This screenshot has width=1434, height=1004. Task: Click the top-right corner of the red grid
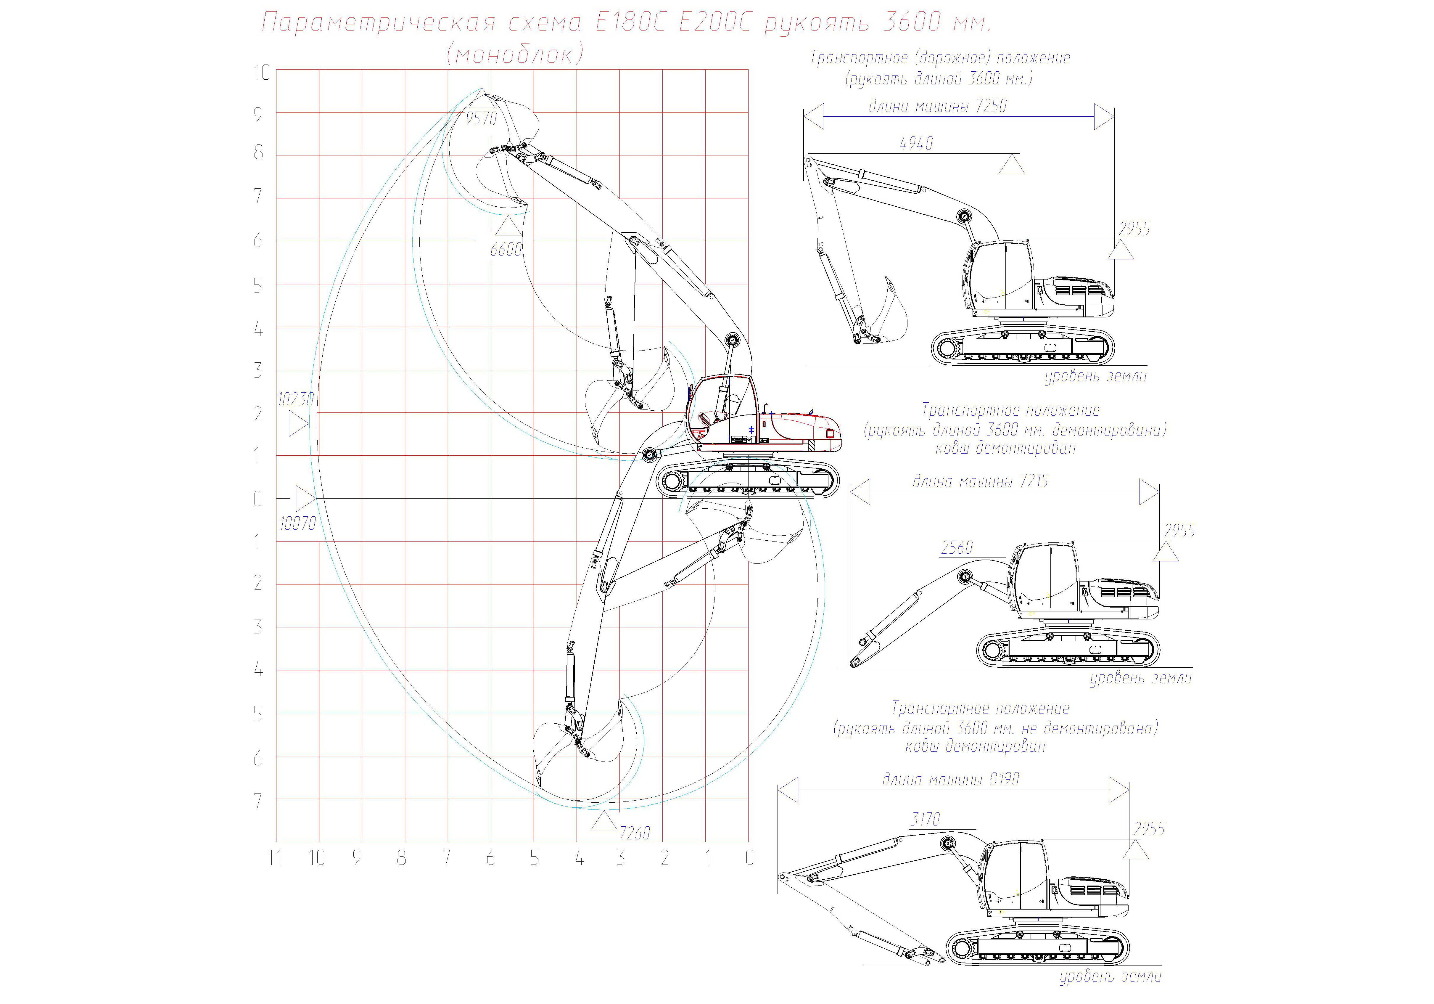tap(748, 69)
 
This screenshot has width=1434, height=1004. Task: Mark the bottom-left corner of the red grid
tap(277, 841)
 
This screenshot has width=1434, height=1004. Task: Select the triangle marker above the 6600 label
tap(508, 226)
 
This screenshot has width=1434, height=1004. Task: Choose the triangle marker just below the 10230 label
tap(299, 424)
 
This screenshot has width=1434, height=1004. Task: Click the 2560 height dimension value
tap(957, 548)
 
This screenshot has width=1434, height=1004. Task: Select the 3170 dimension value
tap(925, 819)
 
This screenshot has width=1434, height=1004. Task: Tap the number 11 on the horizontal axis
tap(275, 858)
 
